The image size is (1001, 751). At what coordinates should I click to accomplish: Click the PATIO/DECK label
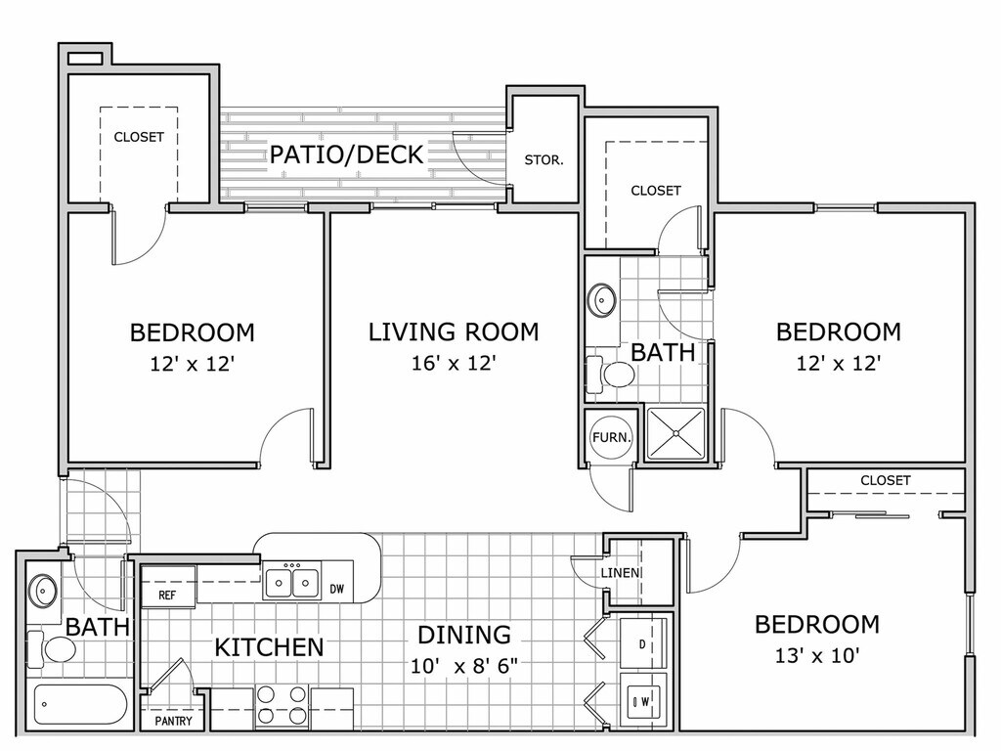click(347, 155)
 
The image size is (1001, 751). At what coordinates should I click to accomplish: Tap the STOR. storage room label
click(544, 160)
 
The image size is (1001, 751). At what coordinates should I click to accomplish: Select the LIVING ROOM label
click(454, 332)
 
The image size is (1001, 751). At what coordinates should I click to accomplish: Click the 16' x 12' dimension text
click(454, 363)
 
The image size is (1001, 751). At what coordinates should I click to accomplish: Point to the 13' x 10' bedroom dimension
click(817, 655)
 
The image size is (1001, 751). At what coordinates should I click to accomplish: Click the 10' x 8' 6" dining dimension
click(463, 666)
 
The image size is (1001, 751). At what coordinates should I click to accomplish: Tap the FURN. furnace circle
click(612, 437)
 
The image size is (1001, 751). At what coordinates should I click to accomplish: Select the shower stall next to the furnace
click(675, 433)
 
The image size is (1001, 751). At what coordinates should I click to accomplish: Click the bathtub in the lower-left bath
click(80, 705)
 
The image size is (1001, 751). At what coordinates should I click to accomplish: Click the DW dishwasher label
click(336, 589)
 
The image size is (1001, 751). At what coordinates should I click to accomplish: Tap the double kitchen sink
click(292, 581)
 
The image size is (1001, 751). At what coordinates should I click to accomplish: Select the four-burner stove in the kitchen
click(281, 705)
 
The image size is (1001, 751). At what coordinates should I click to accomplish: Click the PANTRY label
click(174, 721)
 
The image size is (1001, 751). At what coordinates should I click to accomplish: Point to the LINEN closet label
click(620, 573)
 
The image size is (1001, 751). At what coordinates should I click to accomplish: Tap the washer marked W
click(643, 700)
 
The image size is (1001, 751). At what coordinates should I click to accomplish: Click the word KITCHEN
click(270, 647)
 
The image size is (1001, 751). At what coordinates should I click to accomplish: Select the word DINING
click(464, 635)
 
